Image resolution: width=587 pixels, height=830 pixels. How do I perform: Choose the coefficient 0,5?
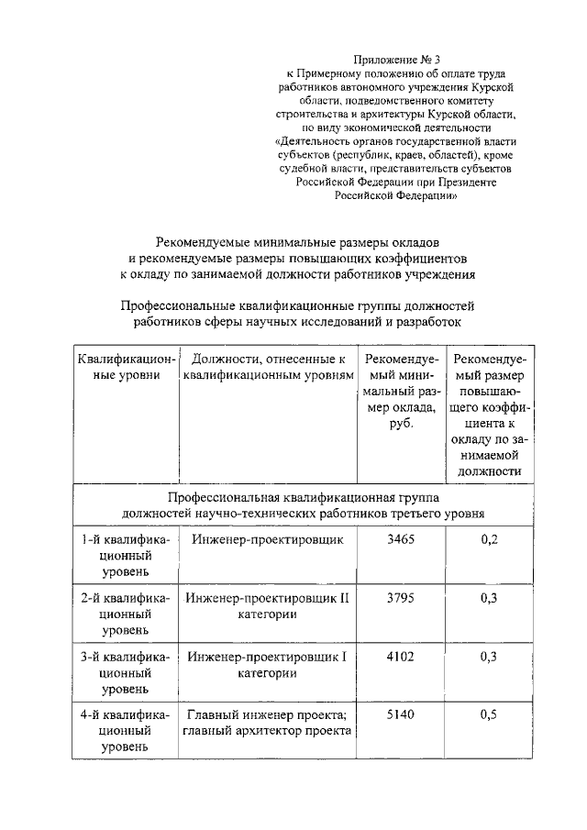489,714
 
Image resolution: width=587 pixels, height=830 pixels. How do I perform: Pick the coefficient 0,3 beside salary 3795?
489,598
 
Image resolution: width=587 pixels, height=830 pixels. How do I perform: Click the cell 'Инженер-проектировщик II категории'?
268,606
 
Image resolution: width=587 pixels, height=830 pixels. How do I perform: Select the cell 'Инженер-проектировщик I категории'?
268,665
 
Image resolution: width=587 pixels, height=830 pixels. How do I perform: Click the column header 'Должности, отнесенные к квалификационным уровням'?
268,366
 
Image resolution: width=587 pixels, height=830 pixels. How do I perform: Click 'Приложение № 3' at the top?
396,58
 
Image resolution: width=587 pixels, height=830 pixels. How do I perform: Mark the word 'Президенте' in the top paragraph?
468,182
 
